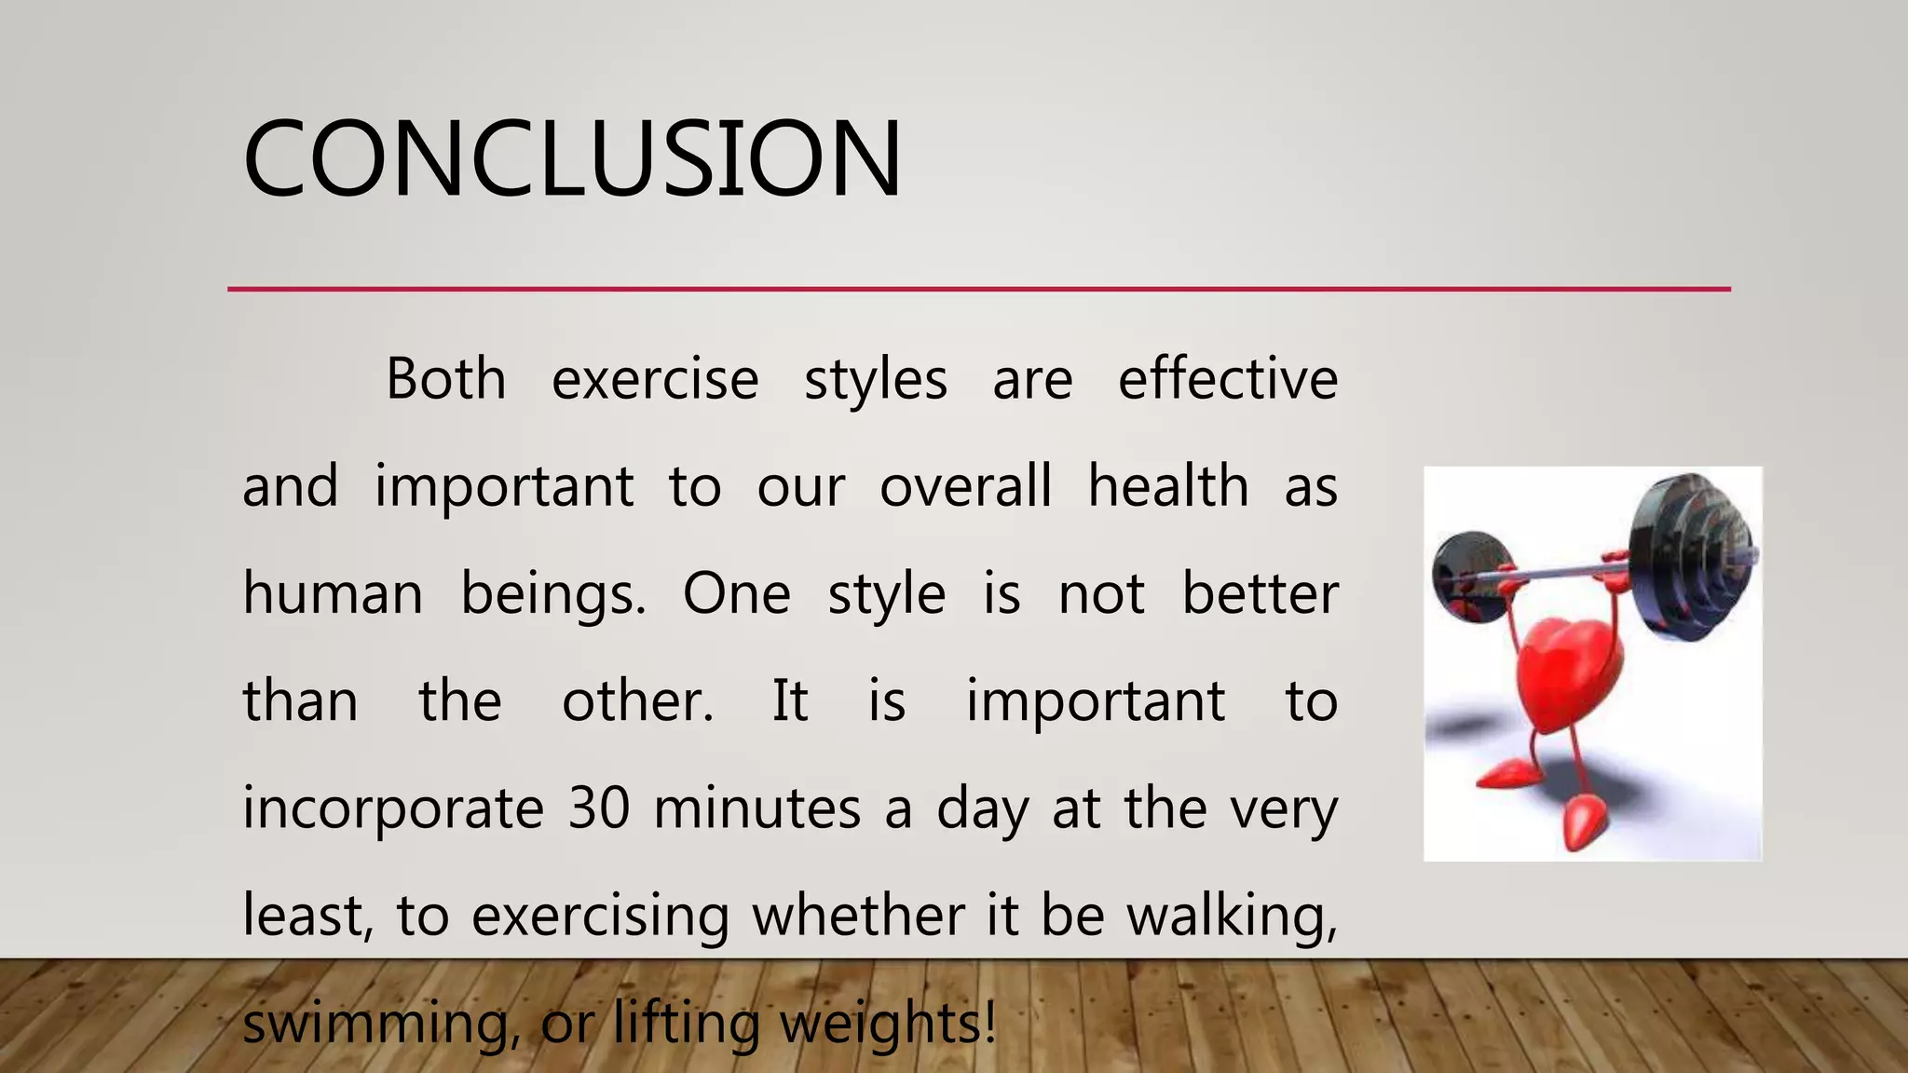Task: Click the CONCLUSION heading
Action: click(572, 158)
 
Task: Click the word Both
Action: click(446, 380)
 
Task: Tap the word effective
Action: click(1228, 380)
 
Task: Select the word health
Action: click(1168, 487)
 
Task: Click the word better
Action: click(1260, 594)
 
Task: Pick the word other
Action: click(637, 701)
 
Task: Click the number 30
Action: click(600, 808)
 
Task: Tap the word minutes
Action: click(756, 808)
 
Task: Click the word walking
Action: click(1232, 917)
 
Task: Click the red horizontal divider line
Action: click(978, 290)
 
